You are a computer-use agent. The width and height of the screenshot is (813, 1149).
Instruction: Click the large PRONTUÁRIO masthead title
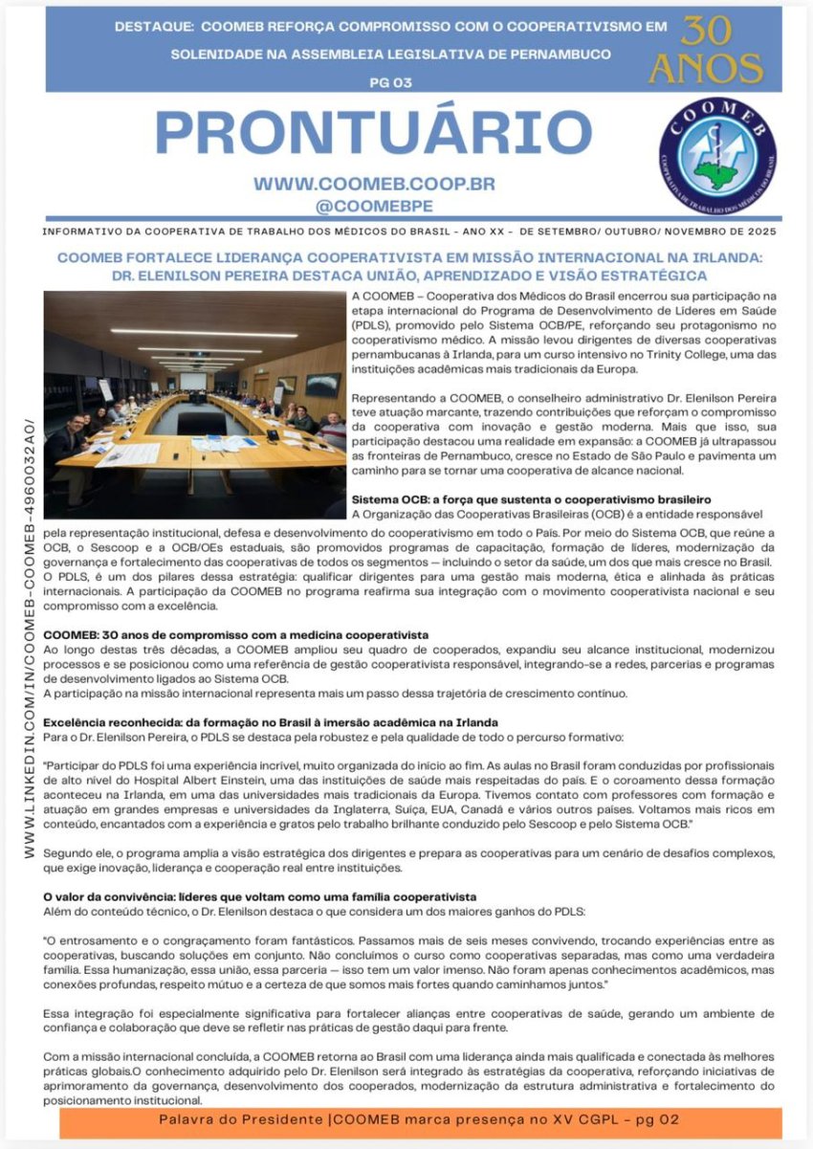point(373,132)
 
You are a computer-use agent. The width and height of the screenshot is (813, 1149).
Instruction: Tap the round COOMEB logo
point(717,155)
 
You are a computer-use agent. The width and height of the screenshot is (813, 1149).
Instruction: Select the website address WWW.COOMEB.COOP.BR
point(374,184)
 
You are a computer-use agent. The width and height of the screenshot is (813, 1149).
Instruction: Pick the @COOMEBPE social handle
point(374,205)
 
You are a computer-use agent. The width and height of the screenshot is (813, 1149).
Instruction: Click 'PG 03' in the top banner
point(390,83)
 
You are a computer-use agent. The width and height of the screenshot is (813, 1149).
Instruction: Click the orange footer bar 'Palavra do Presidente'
point(420,1120)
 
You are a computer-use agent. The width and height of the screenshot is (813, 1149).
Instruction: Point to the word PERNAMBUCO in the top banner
point(555,55)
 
